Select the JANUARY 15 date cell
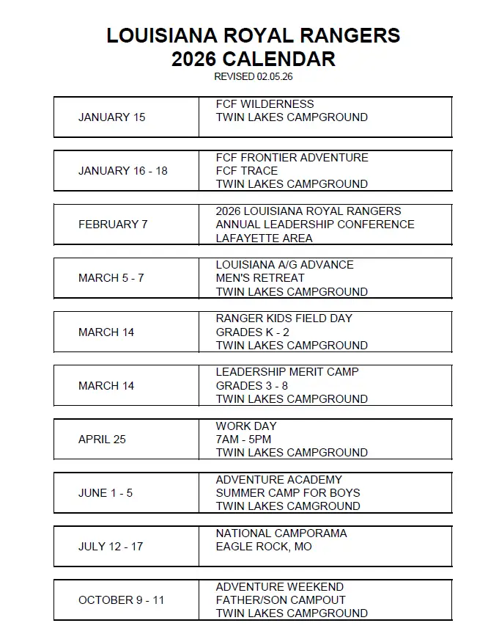[x=112, y=117]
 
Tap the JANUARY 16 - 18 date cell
[x=123, y=171]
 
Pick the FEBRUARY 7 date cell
[x=113, y=225]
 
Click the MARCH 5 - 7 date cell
[x=111, y=278]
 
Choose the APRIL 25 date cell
[x=102, y=440]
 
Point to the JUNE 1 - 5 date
[x=106, y=493]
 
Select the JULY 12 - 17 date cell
[x=111, y=547]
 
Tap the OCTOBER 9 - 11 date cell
[x=122, y=600]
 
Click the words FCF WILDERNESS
[x=265, y=104]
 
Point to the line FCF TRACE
[x=247, y=171]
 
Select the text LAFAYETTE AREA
[x=264, y=238]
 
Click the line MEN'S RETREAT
[x=260, y=278]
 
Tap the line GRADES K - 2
[x=252, y=332]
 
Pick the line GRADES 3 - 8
[x=252, y=386]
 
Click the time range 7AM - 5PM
[x=243, y=440]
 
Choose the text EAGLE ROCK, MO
[x=263, y=547]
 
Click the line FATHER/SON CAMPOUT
[x=281, y=600]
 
